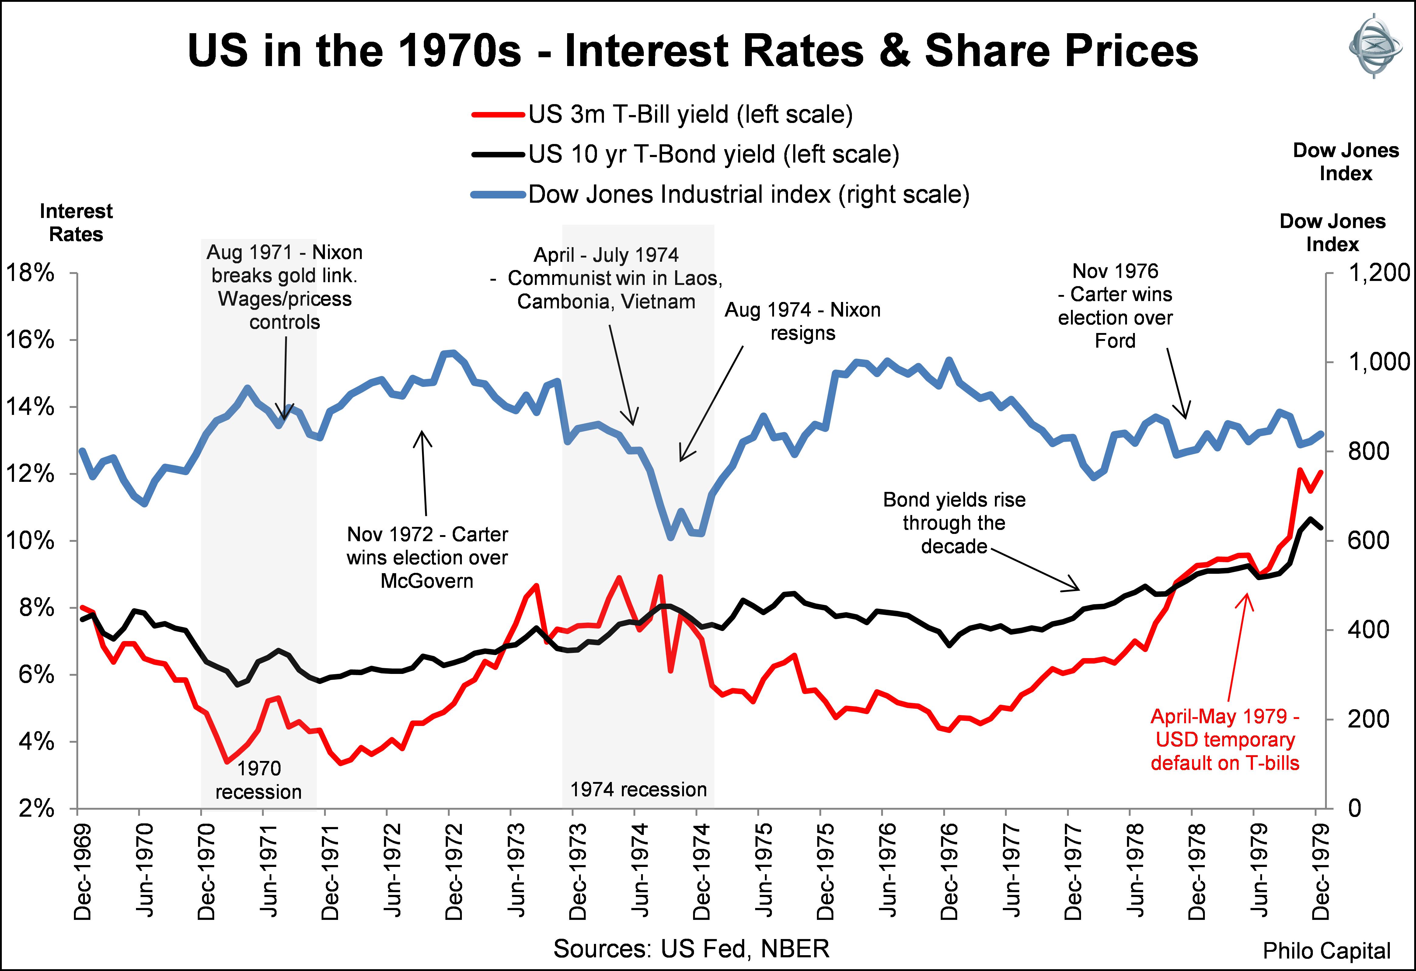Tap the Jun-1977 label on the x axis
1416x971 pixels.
click(x=1011, y=872)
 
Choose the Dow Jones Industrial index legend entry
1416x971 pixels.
click(x=748, y=195)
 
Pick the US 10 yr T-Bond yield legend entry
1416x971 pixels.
click(x=713, y=154)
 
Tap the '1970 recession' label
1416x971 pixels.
click(x=258, y=780)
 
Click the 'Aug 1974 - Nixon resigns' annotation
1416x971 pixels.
click(x=802, y=321)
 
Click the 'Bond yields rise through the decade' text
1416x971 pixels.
click(x=954, y=523)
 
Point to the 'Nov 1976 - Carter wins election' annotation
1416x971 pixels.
click(x=1115, y=306)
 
